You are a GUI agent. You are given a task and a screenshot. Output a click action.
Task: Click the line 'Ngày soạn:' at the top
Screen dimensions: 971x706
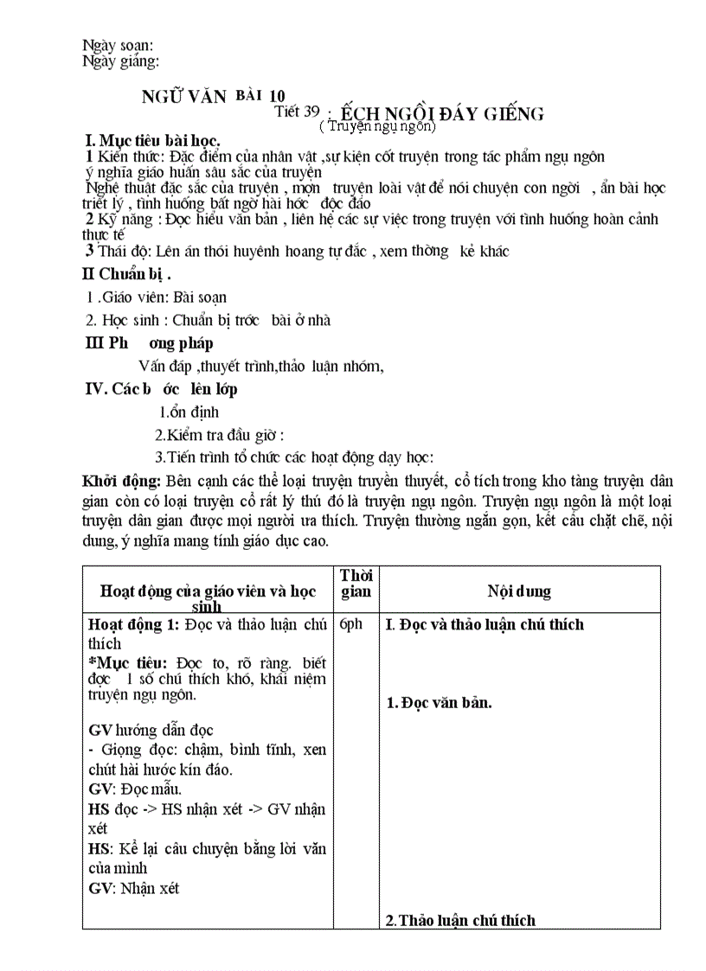[x=118, y=45]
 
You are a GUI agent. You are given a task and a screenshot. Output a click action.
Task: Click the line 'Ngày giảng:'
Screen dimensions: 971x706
[x=120, y=61]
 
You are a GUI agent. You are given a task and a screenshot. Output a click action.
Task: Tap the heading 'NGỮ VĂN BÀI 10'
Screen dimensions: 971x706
[x=212, y=96]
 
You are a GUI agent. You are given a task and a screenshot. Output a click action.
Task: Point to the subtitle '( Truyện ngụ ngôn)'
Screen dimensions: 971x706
[x=377, y=126]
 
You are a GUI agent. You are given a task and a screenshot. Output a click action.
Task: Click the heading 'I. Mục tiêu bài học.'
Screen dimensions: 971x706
[x=151, y=140]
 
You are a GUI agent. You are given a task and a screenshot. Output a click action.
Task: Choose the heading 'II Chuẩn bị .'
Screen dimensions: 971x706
[x=126, y=276]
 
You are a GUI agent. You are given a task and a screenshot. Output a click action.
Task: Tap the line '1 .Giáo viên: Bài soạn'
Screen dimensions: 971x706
[x=157, y=297]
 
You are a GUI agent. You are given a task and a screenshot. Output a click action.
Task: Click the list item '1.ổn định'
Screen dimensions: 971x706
[x=189, y=412]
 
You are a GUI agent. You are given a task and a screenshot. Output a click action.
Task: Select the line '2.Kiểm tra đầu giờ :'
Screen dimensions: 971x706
[x=220, y=435]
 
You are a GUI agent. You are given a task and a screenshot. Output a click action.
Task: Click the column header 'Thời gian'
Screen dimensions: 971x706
[x=356, y=584]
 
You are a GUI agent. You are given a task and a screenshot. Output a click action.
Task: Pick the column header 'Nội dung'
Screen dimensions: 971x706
[x=519, y=591]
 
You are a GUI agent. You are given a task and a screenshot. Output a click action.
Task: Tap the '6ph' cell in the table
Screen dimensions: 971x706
[x=351, y=624]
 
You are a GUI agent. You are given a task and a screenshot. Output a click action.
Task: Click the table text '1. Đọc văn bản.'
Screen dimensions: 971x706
[x=439, y=703]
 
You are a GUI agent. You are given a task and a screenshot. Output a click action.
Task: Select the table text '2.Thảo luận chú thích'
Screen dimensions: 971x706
[x=460, y=920]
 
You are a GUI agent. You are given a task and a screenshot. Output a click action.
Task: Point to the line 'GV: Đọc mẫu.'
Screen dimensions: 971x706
[x=135, y=789]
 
